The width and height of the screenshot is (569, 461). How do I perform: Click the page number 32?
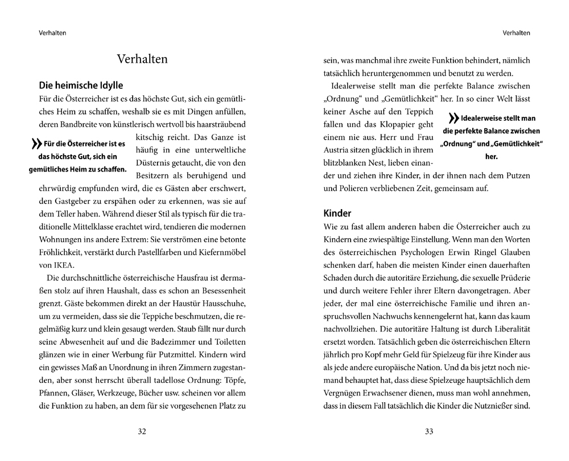click(142, 431)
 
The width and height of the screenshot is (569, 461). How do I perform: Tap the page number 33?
click(429, 431)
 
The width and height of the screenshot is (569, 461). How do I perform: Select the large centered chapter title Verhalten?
click(142, 59)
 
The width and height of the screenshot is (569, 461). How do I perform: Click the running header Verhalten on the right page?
click(517, 32)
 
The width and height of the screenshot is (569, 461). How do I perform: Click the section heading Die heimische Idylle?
click(81, 86)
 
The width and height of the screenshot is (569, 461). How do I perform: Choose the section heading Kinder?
click(337, 213)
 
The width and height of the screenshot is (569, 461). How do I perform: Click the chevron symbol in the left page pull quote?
click(35, 144)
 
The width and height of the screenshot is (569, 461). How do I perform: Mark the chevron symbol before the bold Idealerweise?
click(453, 119)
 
